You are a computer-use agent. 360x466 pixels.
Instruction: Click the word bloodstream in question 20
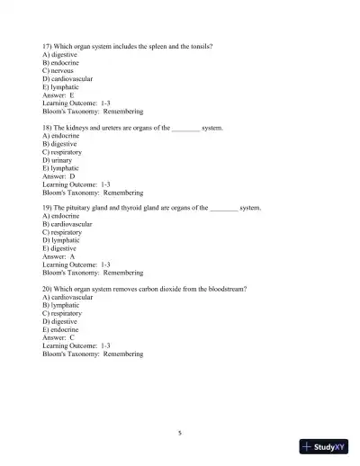pyautogui.click(x=225, y=289)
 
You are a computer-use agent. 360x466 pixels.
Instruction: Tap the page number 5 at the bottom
pyautogui.click(x=180, y=433)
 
